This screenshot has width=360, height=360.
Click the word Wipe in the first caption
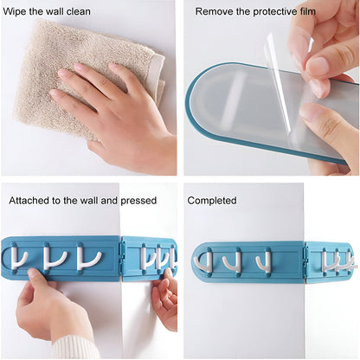[x=18, y=11]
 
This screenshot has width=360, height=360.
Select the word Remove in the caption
[x=213, y=11]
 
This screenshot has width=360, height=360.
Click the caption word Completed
[x=212, y=200]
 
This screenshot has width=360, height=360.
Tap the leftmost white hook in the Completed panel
[x=206, y=260]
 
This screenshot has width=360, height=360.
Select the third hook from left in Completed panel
[x=265, y=260]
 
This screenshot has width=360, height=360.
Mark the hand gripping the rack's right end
[x=164, y=294]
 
